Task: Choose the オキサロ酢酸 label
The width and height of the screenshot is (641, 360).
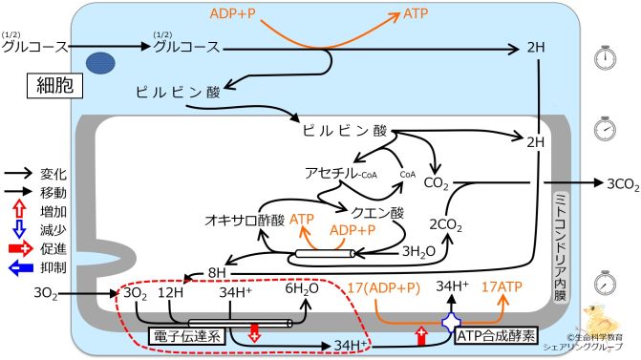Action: (x=243, y=220)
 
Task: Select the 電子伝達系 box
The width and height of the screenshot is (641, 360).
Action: (x=186, y=334)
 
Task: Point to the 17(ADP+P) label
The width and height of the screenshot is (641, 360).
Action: (x=384, y=286)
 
